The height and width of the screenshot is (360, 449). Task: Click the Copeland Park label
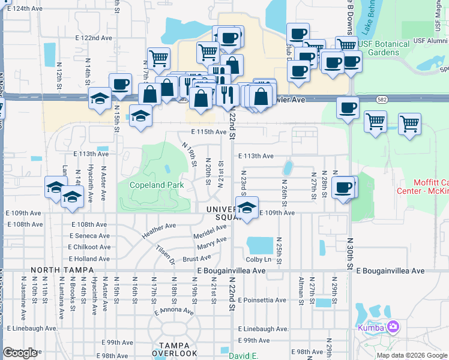click(157, 185)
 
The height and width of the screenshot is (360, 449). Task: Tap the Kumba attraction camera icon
click(393, 326)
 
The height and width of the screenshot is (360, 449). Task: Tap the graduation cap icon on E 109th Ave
click(246, 209)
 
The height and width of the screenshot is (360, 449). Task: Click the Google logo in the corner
click(20, 353)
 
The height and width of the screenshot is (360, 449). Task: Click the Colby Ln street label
click(259, 259)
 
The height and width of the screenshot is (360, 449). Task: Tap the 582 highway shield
click(382, 98)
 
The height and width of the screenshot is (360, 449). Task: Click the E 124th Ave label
click(25, 9)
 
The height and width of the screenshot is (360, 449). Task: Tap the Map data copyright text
click(411, 355)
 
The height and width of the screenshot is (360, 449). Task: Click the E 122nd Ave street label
click(94, 37)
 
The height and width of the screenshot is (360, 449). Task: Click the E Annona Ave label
click(174, 311)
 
